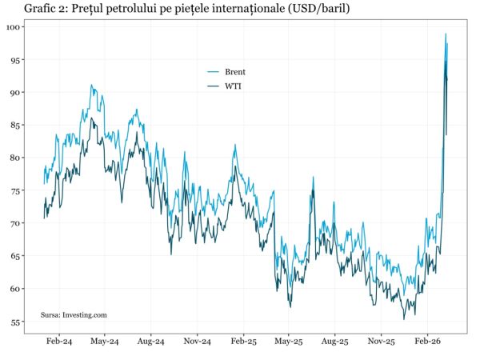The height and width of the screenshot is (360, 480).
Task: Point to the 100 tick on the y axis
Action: click(x=14, y=27)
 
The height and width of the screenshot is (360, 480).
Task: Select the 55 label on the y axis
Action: click(x=17, y=322)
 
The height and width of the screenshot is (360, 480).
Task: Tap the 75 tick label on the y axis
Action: click(x=17, y=190)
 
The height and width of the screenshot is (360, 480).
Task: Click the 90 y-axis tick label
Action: click(x=17, y=93)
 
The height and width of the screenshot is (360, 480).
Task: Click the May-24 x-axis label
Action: click(x=104, y=341)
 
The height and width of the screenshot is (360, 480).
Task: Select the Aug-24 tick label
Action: click(x=150, y=341)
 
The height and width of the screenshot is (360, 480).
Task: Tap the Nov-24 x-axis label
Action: click(x=197, y=341)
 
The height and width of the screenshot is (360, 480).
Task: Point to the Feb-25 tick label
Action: click(x=243, y=341)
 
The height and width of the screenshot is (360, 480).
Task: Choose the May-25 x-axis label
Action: click(x=289, y=341)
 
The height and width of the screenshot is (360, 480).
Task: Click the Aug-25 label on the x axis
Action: click(x=335, y=341)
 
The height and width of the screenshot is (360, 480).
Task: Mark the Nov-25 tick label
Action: click(x=381, y=341)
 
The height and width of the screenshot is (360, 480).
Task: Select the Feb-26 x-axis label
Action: click(x=427, y=341)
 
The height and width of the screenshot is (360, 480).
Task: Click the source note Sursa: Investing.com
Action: click(x=74, y=315)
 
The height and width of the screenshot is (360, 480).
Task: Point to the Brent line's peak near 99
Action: click(x=446, y=34)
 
